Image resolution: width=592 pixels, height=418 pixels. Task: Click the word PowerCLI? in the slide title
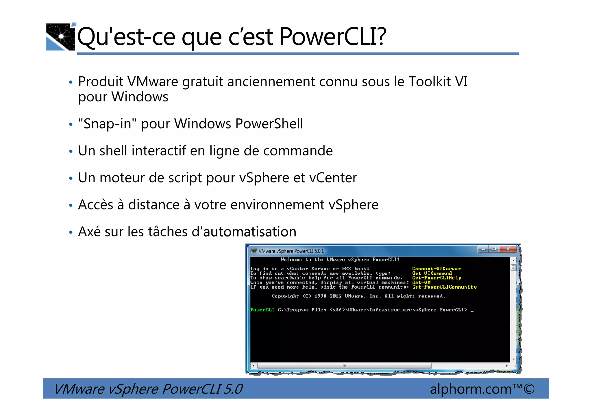333,37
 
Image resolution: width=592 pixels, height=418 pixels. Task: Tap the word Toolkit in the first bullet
430,82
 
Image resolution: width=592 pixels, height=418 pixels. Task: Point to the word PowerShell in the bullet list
269,124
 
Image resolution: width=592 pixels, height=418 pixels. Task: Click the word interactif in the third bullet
159,151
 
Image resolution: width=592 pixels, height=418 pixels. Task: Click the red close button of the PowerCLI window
508,249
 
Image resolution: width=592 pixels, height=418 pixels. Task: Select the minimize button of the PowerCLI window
483,249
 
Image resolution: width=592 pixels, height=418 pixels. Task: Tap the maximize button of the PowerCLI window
494,249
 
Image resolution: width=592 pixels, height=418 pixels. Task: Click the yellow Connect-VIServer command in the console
436,269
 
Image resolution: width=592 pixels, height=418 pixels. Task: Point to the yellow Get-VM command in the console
421,283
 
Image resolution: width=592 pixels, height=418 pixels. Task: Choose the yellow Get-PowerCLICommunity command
444,287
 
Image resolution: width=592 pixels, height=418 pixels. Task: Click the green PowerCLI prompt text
262,310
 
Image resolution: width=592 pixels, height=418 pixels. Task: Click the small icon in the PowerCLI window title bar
254,251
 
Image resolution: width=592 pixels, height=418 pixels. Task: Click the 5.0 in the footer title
233,389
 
